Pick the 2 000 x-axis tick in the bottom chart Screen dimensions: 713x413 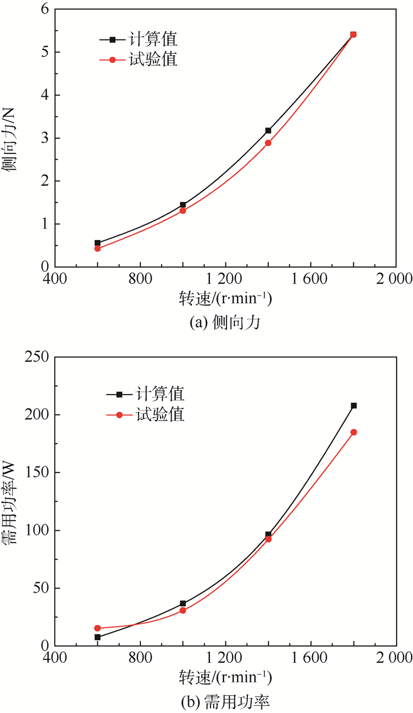pyautogui.click(x=395, y=657)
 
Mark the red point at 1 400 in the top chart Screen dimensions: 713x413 pyautogui.click(x=268, y=143)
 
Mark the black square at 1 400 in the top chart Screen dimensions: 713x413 pyautogui.click(x=268, y=130)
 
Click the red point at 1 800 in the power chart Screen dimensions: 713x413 pyautogui.click(x=353, y=432)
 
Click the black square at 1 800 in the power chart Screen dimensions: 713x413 pyautogui.click(x=353, y=406)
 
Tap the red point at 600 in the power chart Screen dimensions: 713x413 pyautogui.click(x=97, y=628)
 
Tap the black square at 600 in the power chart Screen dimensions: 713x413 pyautogui.click(x=97, y=637)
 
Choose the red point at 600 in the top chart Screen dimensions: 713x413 pyautogui.click(x=97, y=248)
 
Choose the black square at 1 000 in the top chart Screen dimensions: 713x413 pyautogui.click(x=183, y=205)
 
